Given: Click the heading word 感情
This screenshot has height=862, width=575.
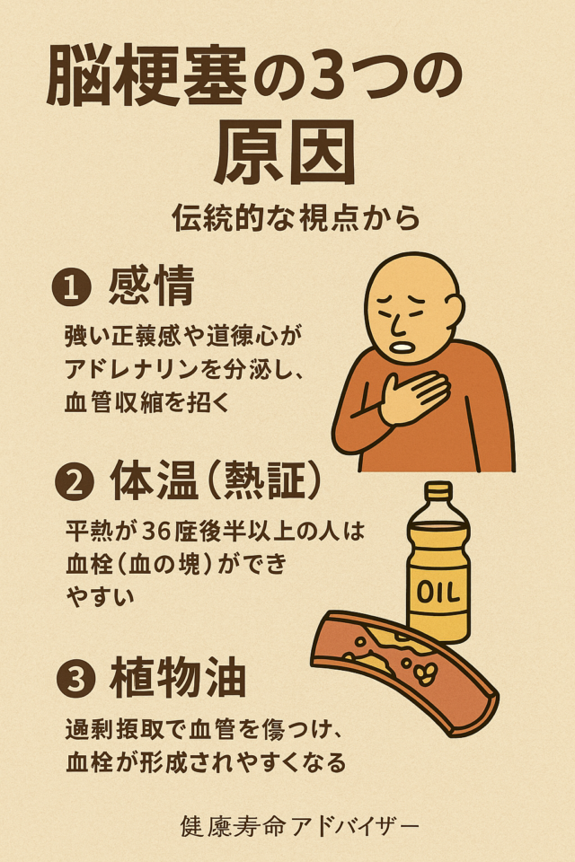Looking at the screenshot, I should [x=151, y=289].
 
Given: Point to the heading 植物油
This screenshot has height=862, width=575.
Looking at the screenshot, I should [x=177, y=679].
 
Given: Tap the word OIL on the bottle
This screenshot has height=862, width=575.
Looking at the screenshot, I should [x=438, y=594].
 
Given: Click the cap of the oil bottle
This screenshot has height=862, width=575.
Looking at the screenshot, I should [x=438, y=492].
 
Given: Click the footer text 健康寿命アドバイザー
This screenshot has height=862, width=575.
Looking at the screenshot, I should [x=298, y=824].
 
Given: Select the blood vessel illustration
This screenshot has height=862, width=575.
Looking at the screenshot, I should [x=404, y=669].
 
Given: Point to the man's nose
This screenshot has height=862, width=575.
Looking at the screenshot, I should [x=395, y=321].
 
